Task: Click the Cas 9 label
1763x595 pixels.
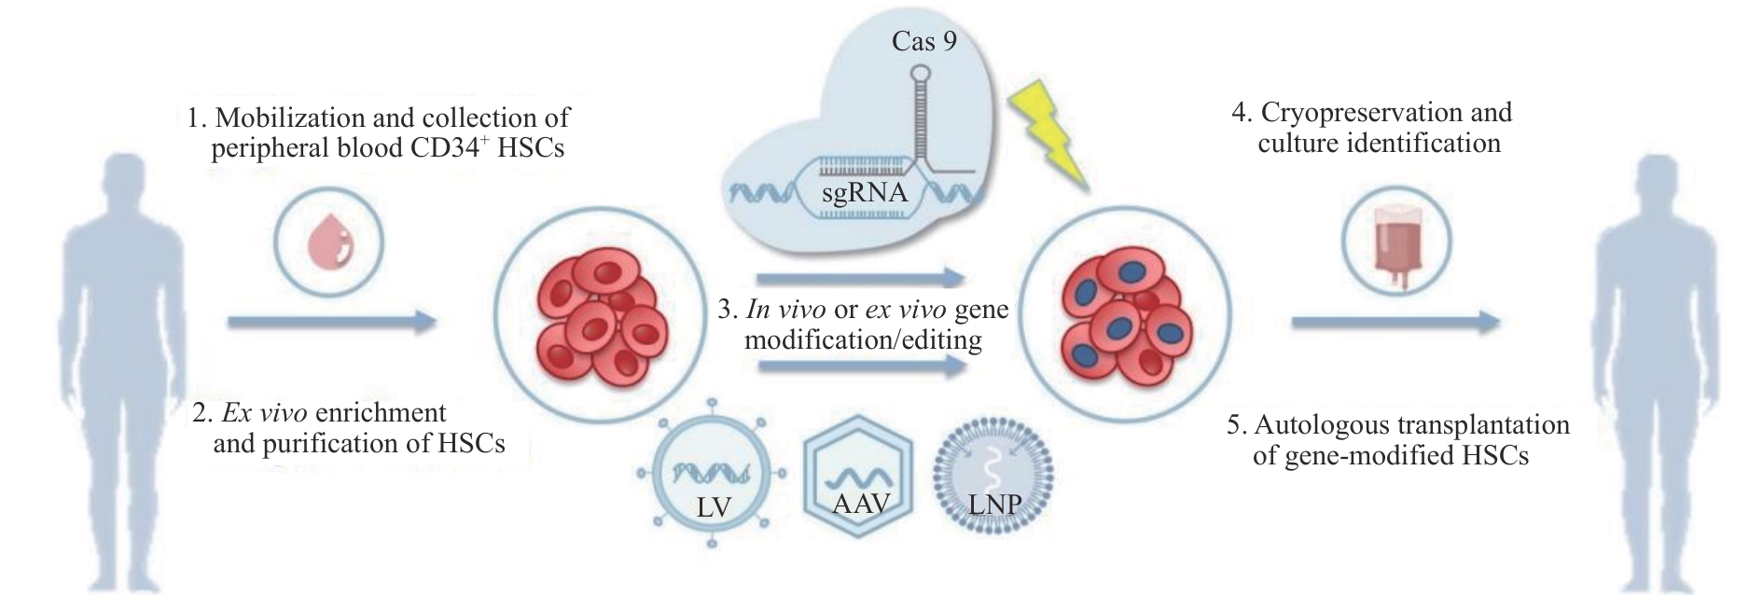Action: click(923, 41)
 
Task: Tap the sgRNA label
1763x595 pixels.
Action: click(864, 194)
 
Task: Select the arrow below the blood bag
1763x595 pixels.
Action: click(1395, 323)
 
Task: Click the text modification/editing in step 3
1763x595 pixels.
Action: click(863, 340)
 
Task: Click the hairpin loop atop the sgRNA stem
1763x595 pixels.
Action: click(923, 69)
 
